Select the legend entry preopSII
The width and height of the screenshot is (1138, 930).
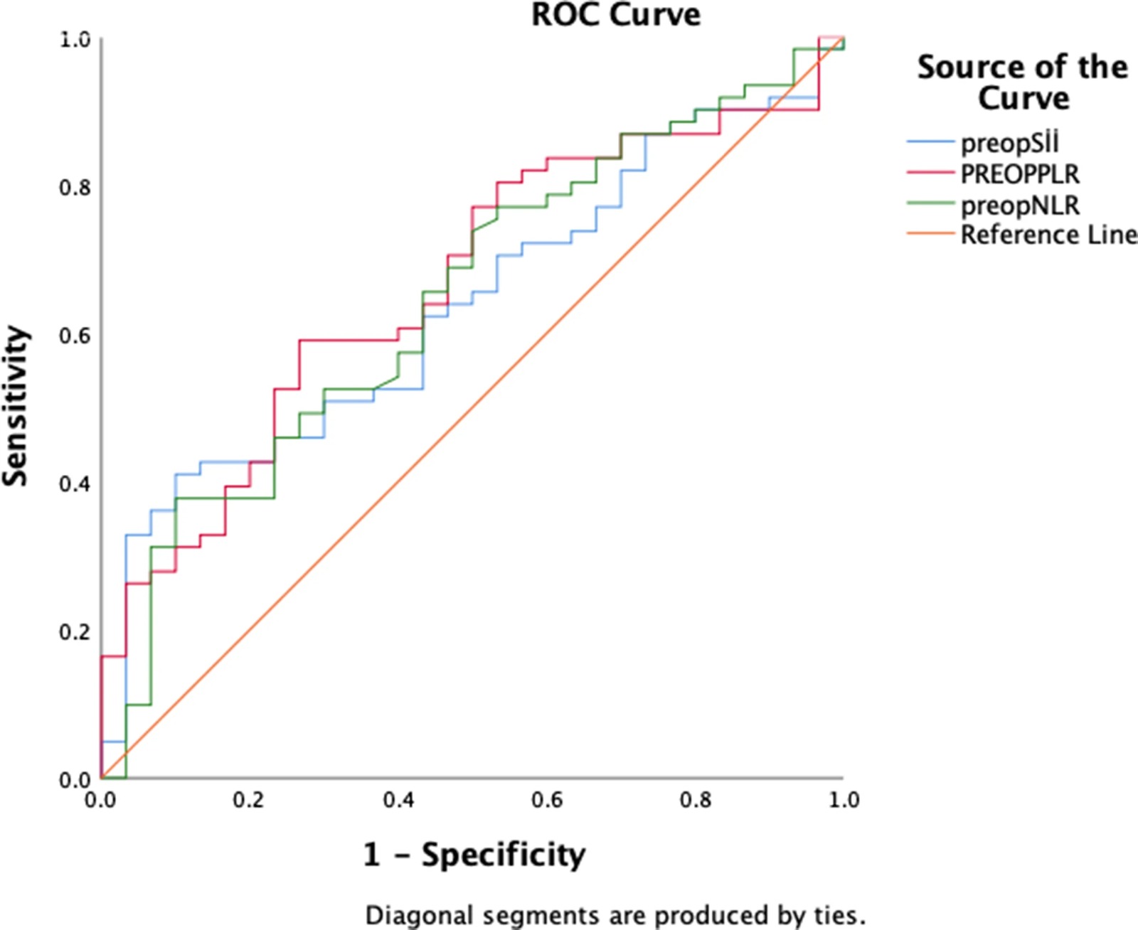coord(1009,143)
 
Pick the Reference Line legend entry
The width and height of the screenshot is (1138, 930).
coord(1048,235)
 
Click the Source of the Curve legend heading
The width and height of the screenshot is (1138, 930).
coord(1023,82)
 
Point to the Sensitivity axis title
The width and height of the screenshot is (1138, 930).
coord(16,406)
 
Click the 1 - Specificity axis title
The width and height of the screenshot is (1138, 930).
coord(474,854)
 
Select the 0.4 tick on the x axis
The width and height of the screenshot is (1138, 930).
coord(398,801)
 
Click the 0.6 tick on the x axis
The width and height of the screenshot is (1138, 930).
coord(547,801)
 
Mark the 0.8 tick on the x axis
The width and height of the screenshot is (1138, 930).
coord(696,801)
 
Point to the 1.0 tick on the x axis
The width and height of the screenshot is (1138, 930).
coord(844,801)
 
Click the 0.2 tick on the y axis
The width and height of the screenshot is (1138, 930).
coord(75,631)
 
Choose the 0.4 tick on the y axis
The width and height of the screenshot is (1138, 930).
coord(75,483)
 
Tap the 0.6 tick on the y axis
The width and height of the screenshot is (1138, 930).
coord(75,336)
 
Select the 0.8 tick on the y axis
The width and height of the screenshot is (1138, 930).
coord(75,188)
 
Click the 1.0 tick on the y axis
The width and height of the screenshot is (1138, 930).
coord(75,40)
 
